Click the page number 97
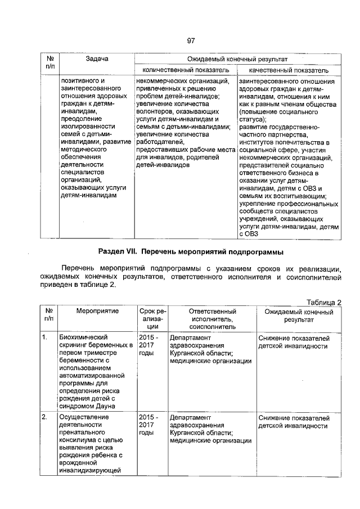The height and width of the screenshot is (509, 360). (191, 41)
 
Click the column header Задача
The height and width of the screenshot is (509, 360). (97, 58)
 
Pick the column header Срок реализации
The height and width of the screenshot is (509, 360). (152, 318)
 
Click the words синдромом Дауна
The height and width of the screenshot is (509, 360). (87, 406)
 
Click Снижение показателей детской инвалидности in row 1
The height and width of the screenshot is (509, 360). (294, 342)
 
